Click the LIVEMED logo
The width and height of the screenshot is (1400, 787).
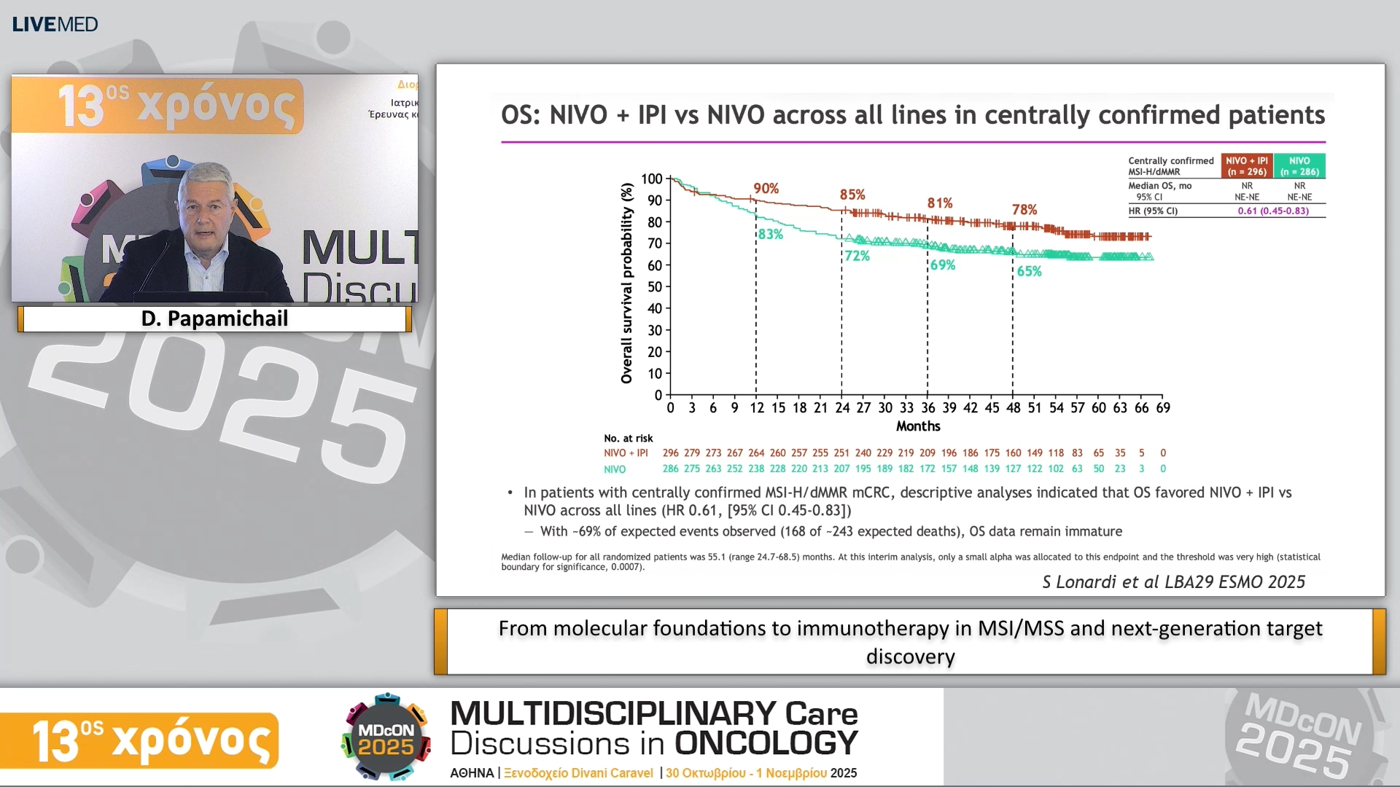pos(55,24)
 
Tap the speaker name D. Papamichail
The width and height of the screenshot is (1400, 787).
pos(214,318)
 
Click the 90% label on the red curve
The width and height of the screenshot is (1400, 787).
pos(766,188)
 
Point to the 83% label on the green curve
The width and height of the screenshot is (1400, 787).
pos(770,234)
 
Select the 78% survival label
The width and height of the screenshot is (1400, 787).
pos(1024,209)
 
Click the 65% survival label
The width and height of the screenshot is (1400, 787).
pos(1029,271)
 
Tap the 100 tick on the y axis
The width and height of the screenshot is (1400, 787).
pos(651,179)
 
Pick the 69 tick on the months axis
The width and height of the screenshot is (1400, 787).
pos(1162,408)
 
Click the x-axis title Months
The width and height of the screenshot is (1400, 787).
pos(917,426)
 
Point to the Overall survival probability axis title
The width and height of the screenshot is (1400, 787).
pos(626,283)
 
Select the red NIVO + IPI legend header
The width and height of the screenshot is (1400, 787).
pos(1247,166)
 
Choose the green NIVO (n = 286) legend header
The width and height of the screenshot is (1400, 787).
pos(1299,166)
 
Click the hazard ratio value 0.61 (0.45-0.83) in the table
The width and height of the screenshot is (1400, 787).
pos(1272,211)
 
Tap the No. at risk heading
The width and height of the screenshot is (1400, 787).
pos(628,438)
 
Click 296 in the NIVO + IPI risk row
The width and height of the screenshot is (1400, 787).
pos(670,453)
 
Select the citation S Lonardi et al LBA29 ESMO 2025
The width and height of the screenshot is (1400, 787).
pos(1173,582)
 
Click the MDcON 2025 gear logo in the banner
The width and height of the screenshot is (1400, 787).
pos(386,737)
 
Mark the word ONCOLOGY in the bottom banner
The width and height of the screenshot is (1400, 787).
pos(766,743)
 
